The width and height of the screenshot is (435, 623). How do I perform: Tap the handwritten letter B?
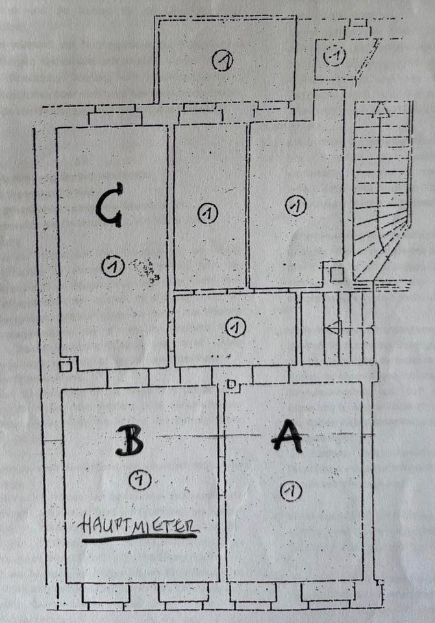(x=130, y=441)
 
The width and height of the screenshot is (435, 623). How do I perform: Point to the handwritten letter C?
(x=108, y=205)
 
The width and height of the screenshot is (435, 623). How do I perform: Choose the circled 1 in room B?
(x=139, y=480)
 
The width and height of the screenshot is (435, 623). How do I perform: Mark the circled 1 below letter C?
(x=113, y=266)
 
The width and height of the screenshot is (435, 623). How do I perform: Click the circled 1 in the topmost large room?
(x=223, y=61)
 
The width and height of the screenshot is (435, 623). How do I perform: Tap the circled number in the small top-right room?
(x=335, y=56)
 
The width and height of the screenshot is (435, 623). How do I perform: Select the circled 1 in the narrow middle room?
(x=207, y=213)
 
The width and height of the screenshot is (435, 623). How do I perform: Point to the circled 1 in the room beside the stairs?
(x=295, y=206)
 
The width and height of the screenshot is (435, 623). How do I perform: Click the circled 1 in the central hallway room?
(x=235, y=327)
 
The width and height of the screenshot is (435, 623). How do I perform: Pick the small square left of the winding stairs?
(x=336, y=275)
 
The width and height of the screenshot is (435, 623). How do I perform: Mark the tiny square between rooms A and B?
(x=230, y=385)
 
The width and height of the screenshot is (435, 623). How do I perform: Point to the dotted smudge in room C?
(x=144, y=270)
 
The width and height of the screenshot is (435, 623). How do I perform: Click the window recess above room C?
(x=115, y=118)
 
